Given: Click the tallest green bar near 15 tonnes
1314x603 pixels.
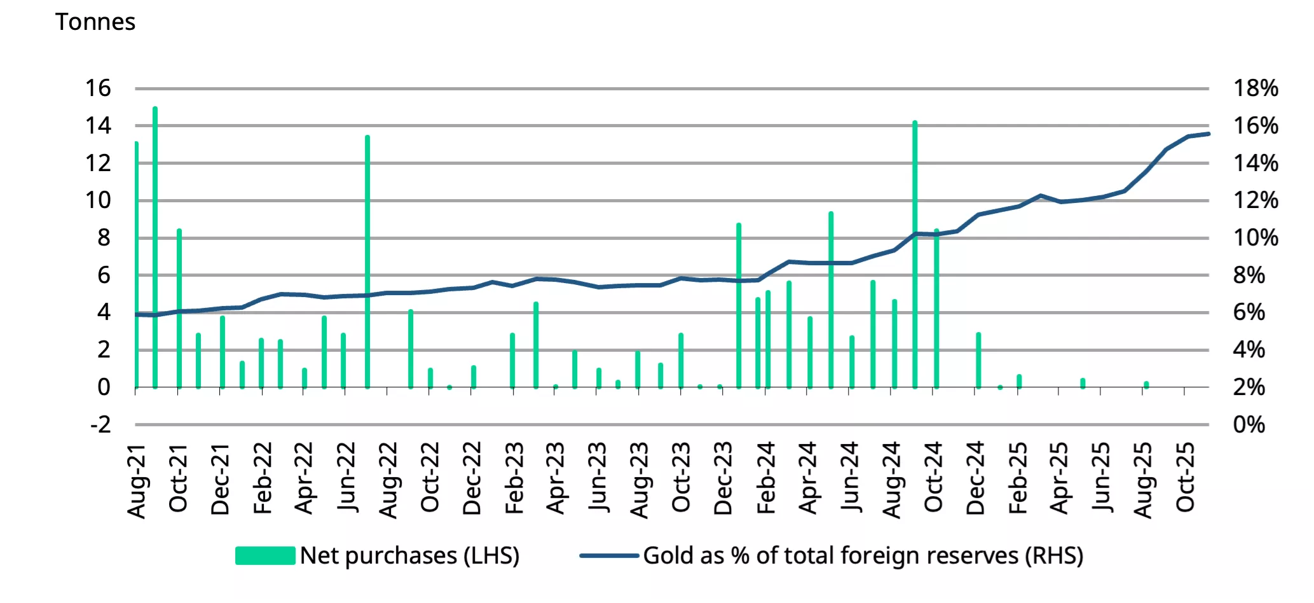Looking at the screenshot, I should (155, 248).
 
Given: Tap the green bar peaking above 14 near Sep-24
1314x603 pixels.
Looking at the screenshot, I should (915, 254).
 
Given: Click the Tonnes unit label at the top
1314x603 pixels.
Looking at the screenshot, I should (95, 22).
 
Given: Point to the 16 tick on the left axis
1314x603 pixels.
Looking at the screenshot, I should (98, 88).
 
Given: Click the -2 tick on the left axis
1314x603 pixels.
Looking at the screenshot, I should (100, 424).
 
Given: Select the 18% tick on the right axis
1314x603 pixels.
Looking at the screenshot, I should (1256, 88).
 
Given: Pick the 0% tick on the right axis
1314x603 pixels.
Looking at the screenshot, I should (1249, 424).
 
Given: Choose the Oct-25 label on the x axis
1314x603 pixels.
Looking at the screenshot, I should (1185, 477).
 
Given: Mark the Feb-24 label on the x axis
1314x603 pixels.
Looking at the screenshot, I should (765, 478).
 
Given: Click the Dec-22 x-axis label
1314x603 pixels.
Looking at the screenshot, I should (472, 478).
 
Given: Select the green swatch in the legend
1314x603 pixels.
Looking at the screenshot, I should (265, 556).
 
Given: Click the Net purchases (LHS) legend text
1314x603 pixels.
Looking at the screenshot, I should (409, 556).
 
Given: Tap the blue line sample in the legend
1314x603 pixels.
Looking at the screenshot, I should (609, 556).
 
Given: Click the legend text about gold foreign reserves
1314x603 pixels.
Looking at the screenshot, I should (863, 556).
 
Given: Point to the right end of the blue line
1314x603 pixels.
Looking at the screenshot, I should (1207, 134).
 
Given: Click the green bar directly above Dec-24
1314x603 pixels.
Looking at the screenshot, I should (978, 360).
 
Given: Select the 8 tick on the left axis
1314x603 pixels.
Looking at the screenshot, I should (104, 238).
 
